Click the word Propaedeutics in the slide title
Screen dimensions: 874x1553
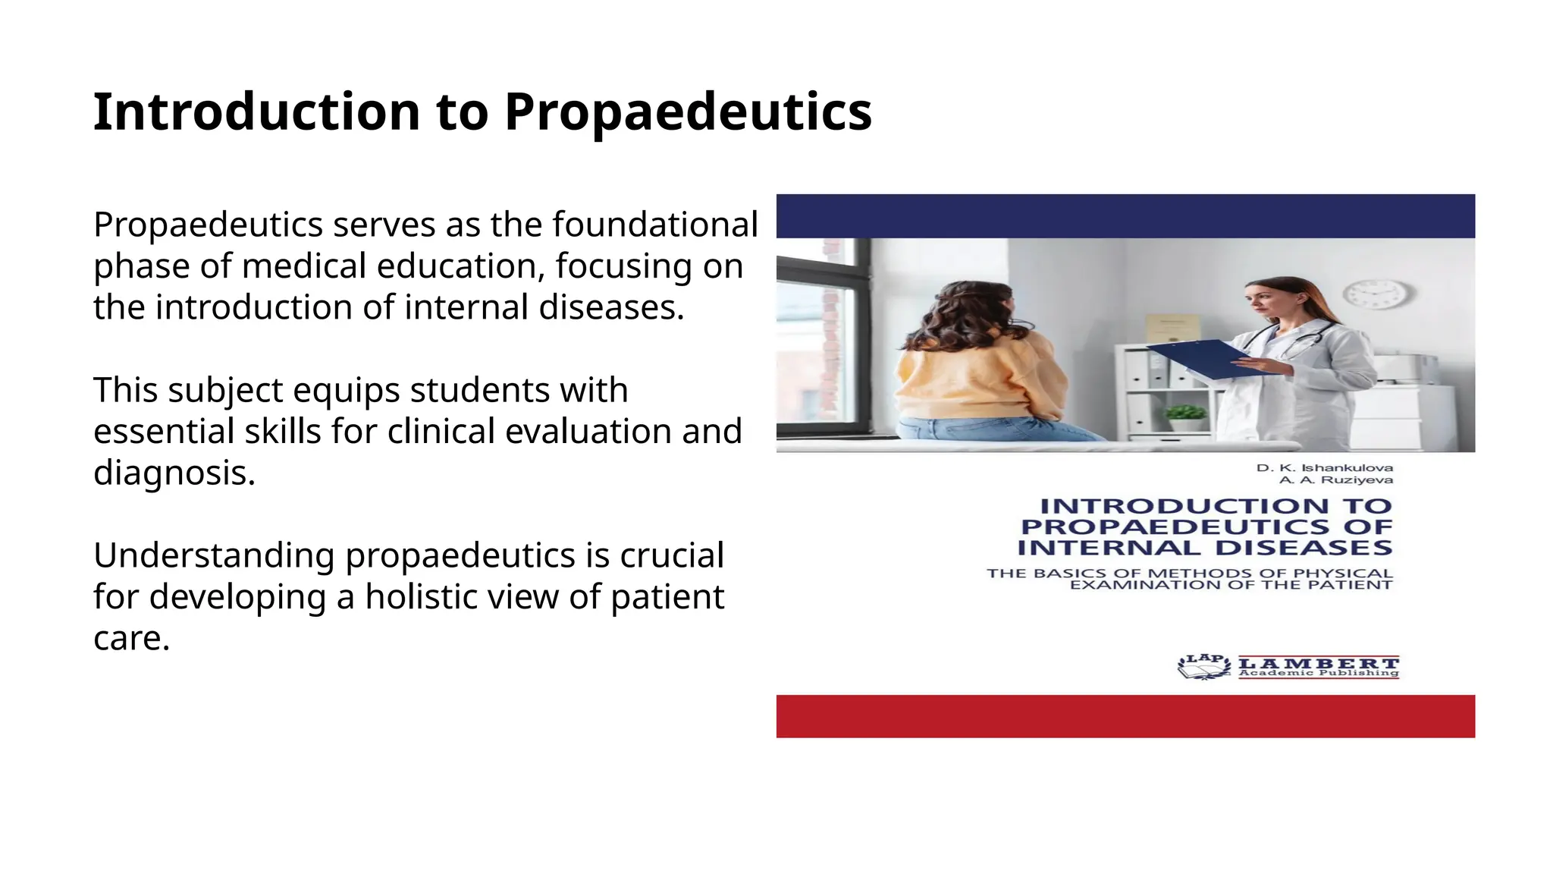(688, 112)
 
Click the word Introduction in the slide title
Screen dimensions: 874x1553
(256, 112)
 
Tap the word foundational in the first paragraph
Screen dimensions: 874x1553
(655, 225)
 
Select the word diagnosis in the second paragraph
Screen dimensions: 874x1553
(174, 473)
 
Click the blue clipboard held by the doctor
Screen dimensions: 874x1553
(1198, 359)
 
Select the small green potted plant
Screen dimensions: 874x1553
(1185, 416)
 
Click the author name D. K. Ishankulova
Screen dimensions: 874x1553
(1324, 467)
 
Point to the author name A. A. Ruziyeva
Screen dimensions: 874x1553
(1335, 479)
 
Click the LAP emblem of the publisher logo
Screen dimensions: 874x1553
(1203, 666)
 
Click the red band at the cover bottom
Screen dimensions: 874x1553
(1125, 715)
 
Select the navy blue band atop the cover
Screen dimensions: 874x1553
(1125, 215)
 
